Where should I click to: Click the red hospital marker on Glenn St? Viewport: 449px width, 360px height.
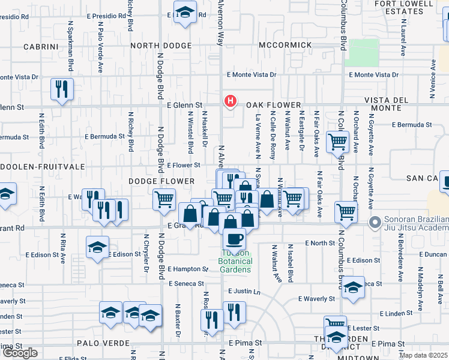coord(229,101)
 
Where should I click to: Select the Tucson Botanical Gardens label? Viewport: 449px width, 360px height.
coord(235,265)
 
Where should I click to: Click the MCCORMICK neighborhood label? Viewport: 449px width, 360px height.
coord(286,46)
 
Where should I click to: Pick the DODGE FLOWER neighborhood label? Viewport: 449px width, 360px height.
coord(161,181)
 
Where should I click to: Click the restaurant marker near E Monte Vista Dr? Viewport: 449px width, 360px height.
coord(62,89)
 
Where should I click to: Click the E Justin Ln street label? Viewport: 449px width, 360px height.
coord(244,292)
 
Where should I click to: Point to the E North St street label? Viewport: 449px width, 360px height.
coord(319,243)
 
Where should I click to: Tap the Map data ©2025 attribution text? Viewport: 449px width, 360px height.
coord(423,355)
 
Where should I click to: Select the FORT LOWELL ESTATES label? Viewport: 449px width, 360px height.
coord(403,7)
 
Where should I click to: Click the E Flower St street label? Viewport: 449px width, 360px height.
coord(183,165)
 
